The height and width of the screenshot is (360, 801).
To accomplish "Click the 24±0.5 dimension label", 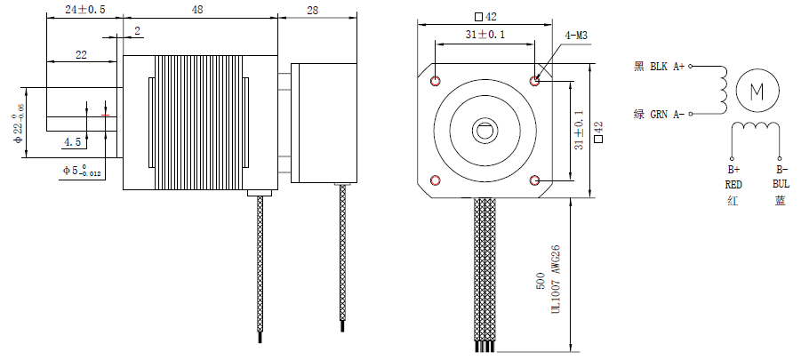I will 84,9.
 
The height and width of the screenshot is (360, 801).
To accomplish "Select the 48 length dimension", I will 198,9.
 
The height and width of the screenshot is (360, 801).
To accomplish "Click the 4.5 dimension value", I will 72,141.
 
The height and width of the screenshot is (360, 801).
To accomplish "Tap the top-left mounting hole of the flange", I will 435,81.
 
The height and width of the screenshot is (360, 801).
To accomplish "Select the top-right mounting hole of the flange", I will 536,81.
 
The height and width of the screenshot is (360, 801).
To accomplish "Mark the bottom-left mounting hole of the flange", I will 435,181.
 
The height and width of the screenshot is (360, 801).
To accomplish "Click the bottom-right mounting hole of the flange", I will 536,181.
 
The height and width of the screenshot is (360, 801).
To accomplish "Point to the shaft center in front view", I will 485,131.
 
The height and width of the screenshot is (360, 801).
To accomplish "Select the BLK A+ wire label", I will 659,66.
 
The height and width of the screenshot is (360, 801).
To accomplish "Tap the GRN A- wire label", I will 659,114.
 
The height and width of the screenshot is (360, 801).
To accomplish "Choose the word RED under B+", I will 733,184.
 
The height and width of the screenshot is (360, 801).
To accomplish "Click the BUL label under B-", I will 781,184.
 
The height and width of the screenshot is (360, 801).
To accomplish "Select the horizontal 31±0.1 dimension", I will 485,35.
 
